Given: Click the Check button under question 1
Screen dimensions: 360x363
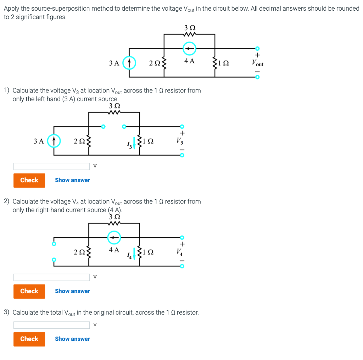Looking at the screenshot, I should [x=29, y=180].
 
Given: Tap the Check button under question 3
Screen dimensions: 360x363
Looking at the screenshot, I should [x=29, y=339].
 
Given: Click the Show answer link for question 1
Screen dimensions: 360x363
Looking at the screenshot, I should [x=72, y=180].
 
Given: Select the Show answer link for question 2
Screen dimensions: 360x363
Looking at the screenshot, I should [x=72, y=291].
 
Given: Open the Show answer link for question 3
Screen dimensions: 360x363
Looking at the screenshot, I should [x=72, y=339].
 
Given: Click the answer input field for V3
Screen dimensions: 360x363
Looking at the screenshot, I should [x=52, y=166].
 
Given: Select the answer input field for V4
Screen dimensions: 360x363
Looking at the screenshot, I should [x=52, y=277].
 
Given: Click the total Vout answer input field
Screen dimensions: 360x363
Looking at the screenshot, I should [x=52, y=325].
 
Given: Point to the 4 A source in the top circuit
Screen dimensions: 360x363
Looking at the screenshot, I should [x=190, y=49].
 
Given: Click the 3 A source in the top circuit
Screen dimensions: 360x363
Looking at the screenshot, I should [x=129, y=63].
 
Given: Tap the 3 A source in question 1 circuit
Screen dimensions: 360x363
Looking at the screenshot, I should [x=54, y=141].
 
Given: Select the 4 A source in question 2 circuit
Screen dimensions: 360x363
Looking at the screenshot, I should [x=114, y=238].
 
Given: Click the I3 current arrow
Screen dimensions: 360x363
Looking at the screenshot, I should [x=134, y=143].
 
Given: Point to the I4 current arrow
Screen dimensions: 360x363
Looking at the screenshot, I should [x=134, y=253].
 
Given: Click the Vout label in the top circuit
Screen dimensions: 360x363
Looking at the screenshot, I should [x=258, y=63].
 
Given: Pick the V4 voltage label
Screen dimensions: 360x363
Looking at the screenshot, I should [x=180, y=252].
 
